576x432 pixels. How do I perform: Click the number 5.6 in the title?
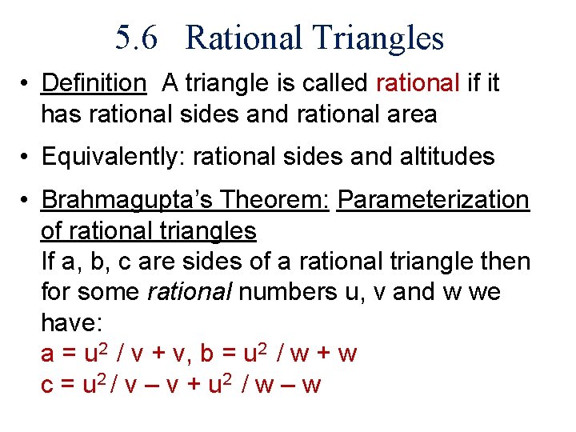[140, 38]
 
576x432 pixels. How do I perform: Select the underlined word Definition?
[94, 82]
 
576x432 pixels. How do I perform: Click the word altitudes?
[443, 157]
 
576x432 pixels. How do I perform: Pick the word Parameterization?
[433, 200]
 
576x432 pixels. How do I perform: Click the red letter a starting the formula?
[47, 354]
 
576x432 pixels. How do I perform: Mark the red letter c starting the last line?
[47, 385]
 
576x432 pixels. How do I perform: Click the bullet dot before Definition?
[26, 83]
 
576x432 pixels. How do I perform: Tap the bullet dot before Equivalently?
[26, 157]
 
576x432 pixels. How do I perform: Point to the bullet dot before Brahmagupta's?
[26, 200]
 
